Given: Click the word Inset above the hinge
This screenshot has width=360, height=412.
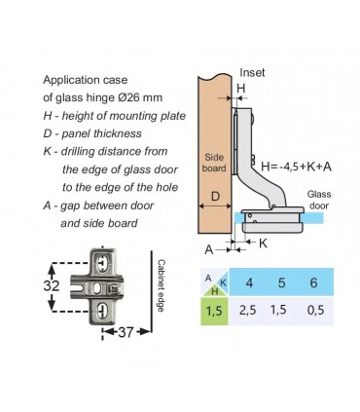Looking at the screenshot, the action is (x=252, y=73).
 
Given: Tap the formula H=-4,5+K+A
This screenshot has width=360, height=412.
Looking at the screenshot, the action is (x=297, y=167).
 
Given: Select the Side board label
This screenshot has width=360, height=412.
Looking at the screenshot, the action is (x=214, y=163).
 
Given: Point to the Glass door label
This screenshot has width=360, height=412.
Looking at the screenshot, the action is (x=319, y=200).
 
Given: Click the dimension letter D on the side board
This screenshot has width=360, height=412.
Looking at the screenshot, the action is (x=215, y=196).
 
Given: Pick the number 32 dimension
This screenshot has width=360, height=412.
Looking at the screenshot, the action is (x=52, y=285).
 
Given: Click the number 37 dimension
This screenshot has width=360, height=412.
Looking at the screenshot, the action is (x=125, y=332).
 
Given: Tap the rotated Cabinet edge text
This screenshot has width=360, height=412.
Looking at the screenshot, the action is (x=161, y=285).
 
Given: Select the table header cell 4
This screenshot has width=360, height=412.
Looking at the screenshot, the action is (x=249, y=282).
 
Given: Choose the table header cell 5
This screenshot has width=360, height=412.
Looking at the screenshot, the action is (x=281, y=282).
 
